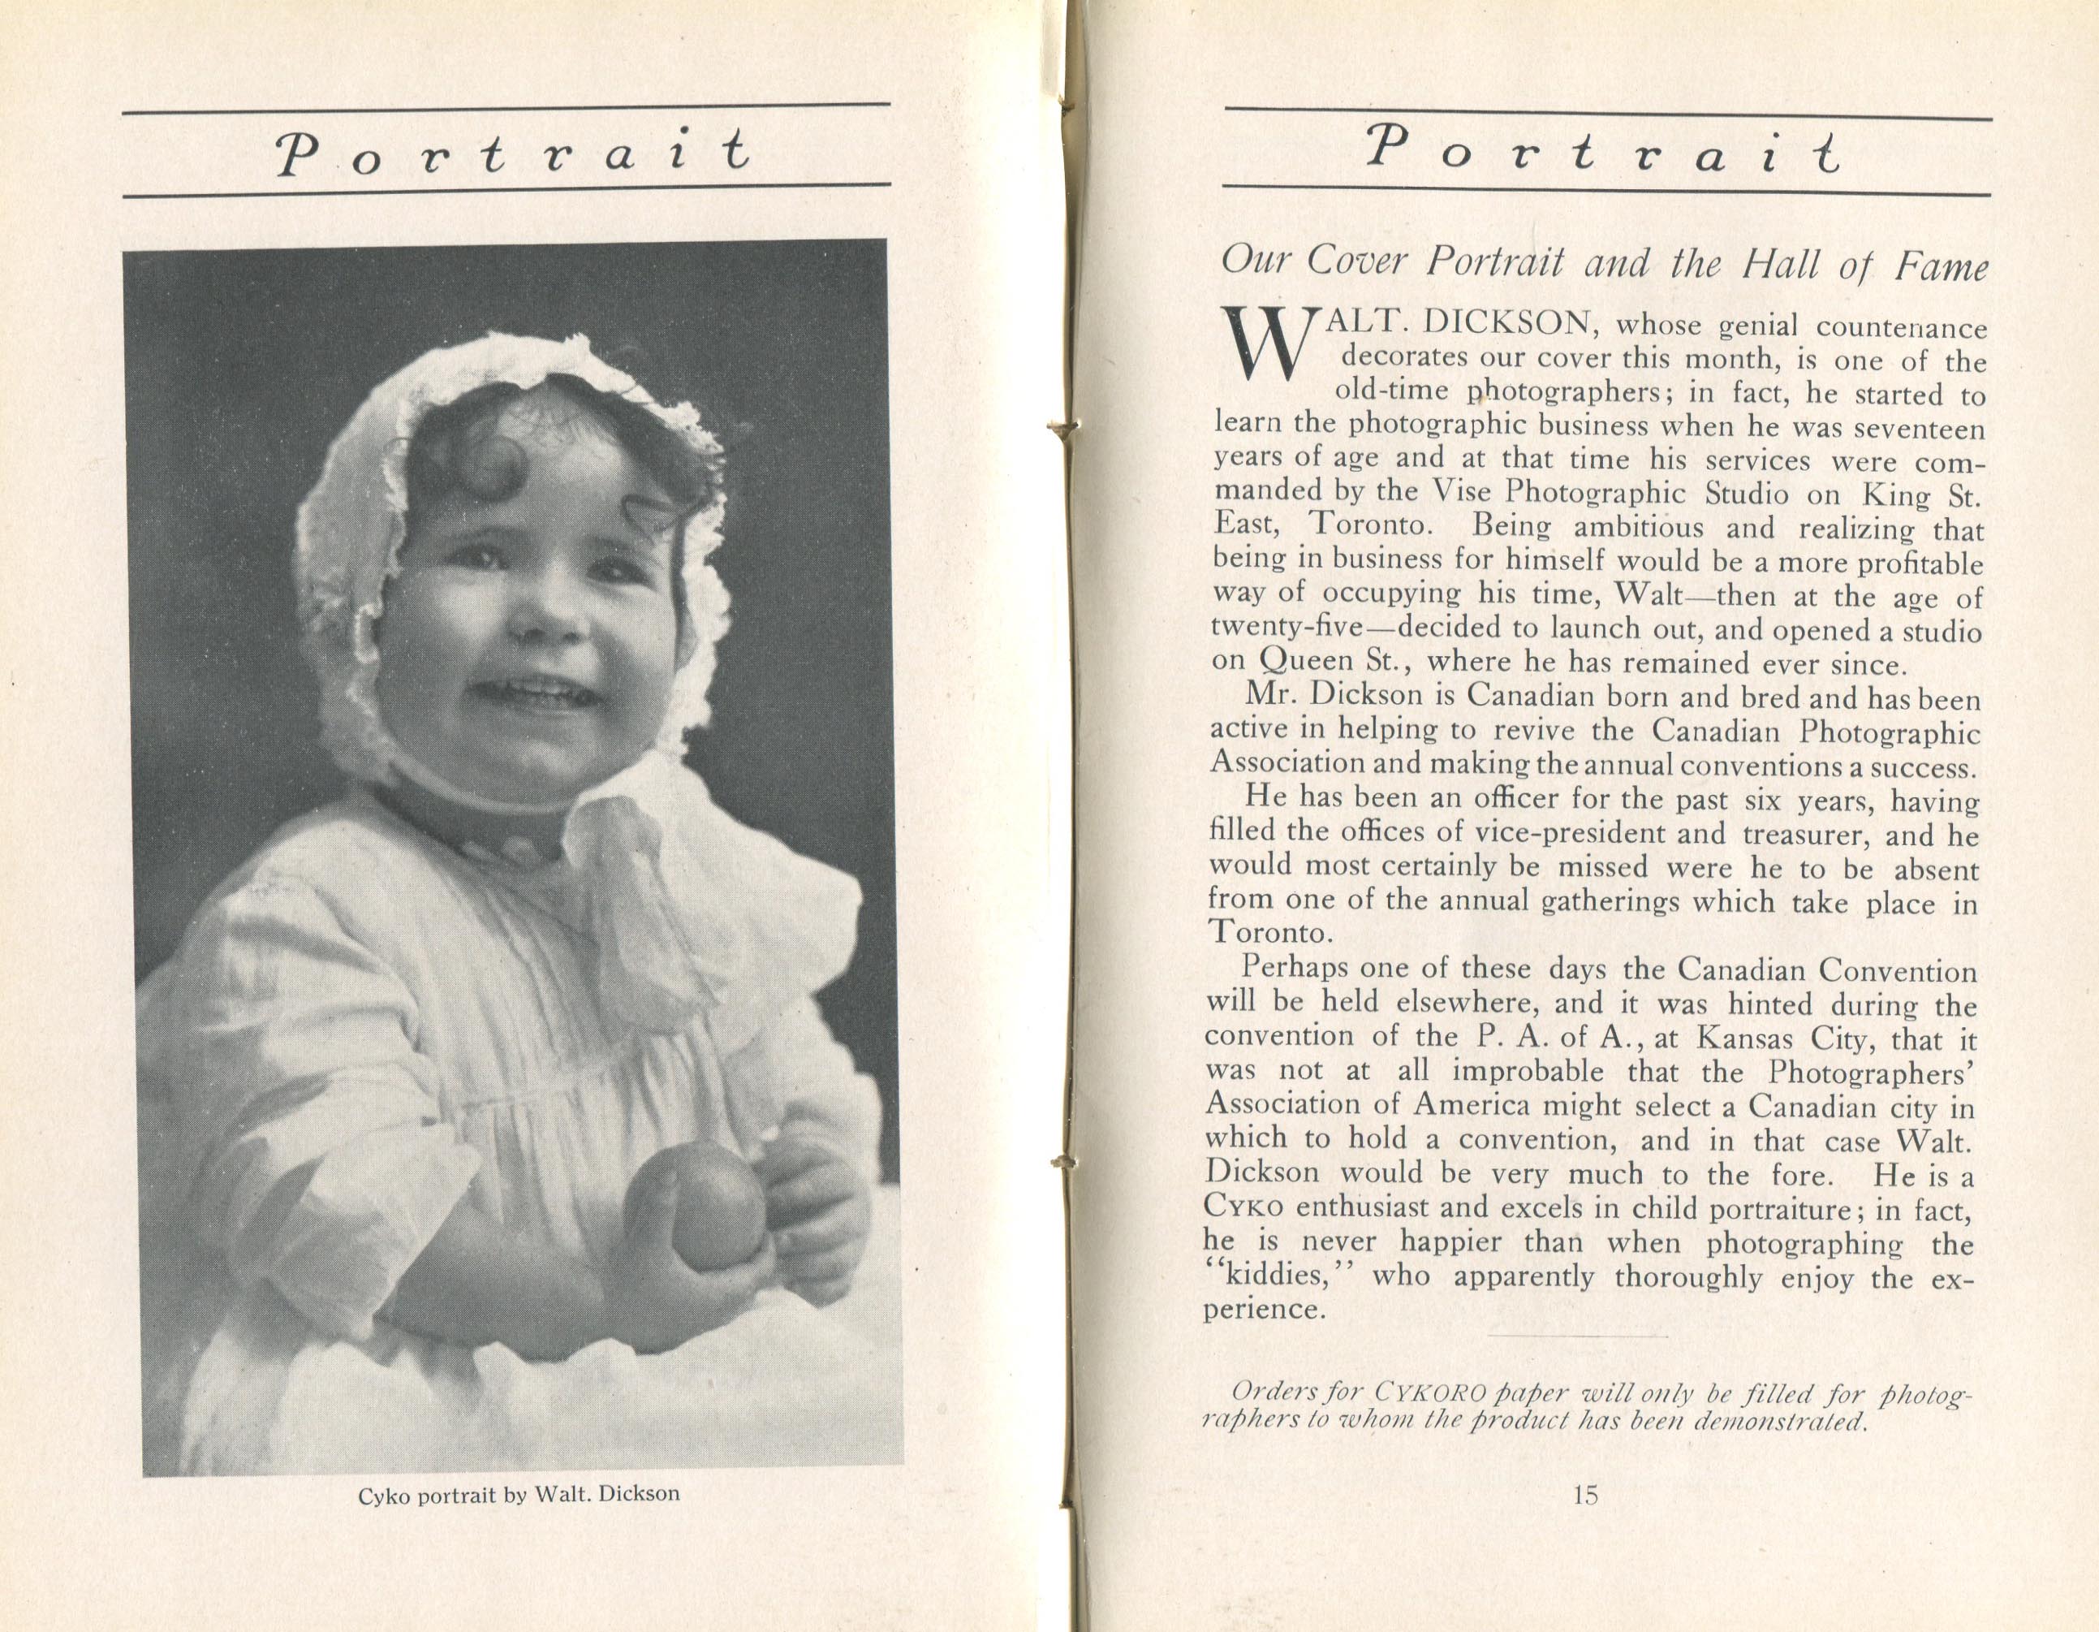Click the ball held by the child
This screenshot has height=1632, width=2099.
[696, 1207]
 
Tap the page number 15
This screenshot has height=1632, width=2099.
[1585, 1495]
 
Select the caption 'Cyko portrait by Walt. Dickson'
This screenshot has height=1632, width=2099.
[518, 1495]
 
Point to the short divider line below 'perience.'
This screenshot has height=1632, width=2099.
[1576, 1336]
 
